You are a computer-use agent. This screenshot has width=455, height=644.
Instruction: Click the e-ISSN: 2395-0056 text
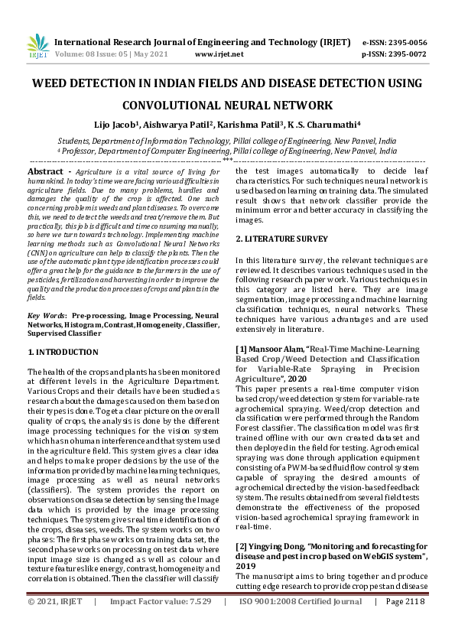pyautogui.click(x=405, y=42)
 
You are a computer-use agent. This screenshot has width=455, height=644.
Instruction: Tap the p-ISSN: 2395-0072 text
pyautogui.click(x=405, y=54)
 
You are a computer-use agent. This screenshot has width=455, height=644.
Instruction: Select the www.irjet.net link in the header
pyautogui.click(x=219, y=54)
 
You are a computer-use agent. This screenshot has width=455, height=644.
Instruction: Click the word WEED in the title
pyautogui.click(x=52, y=83)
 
